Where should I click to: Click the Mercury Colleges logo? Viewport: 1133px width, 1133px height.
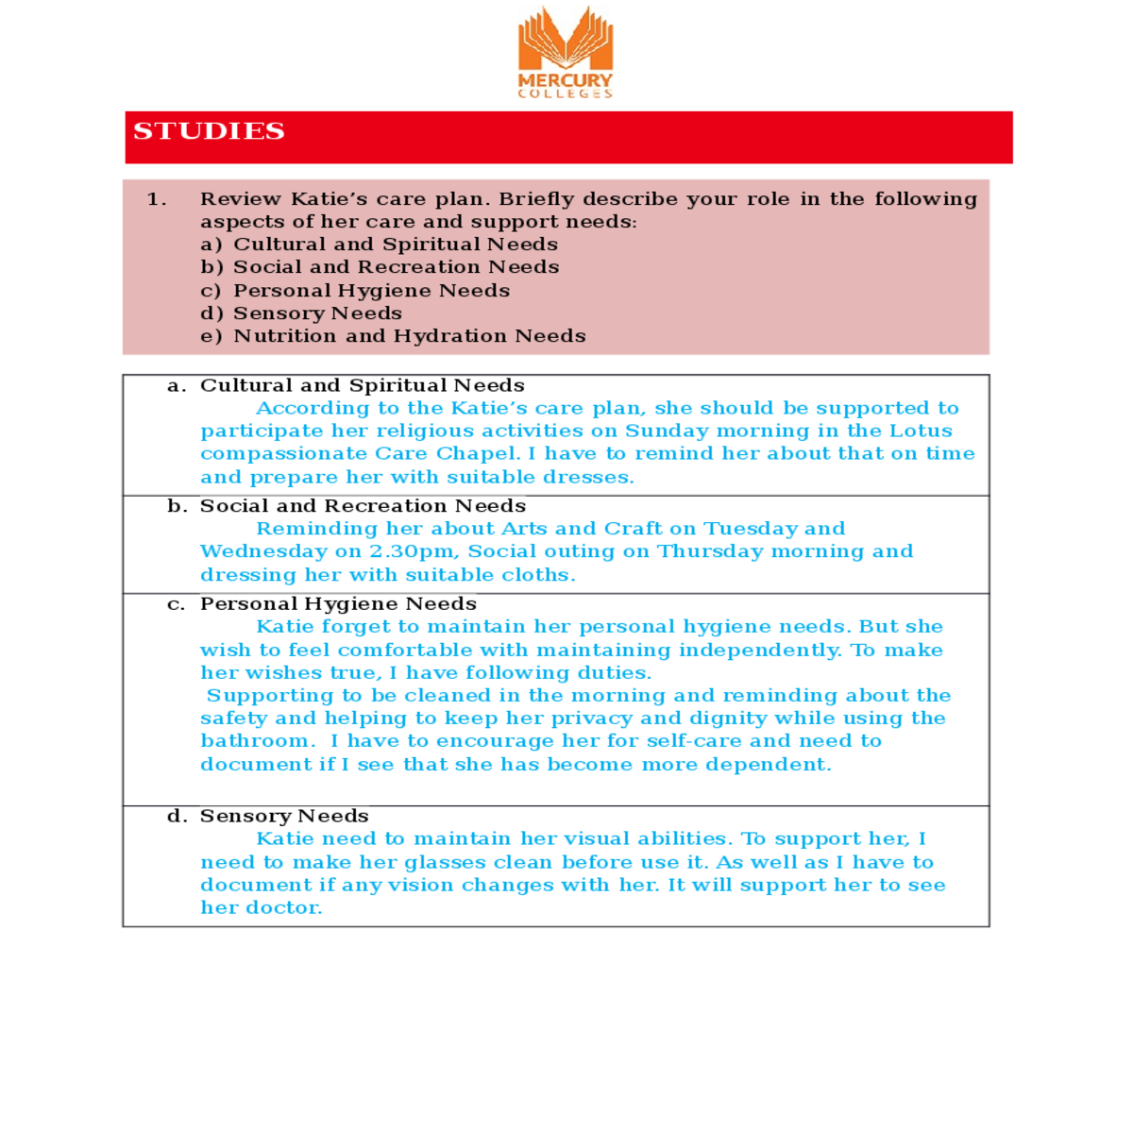[x=566, y=52]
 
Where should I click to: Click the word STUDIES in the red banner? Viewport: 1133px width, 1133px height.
[x=209, y=131]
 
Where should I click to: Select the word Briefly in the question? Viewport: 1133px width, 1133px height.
[x=535, y=199]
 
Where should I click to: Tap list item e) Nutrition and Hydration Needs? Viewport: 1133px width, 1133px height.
[x=393, y=336]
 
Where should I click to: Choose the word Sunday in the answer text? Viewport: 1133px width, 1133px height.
[x=666, y=431]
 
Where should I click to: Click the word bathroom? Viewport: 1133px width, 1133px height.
[x=256, y=741]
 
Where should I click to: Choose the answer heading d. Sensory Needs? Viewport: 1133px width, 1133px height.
[x=268, y=816]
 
